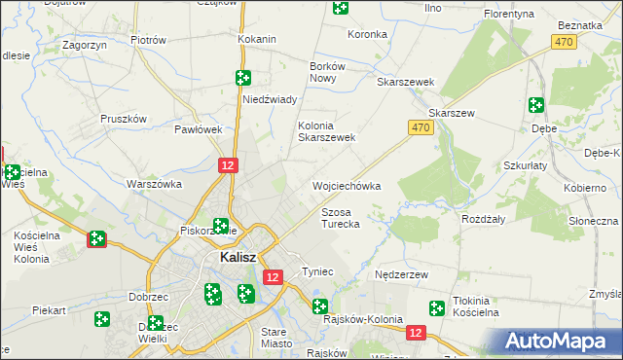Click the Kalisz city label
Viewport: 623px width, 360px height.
click(238, 258)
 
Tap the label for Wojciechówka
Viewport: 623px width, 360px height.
click(345, 185)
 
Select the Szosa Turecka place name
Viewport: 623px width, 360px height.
click(341, 218)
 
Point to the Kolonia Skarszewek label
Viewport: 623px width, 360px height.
click(326, 131)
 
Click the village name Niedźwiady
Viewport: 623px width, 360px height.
click(269, 99)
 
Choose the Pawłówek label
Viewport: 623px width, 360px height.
click(199, 128)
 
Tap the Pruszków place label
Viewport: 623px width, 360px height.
click(124, 119)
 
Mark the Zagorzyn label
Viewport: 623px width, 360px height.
click(83, 45)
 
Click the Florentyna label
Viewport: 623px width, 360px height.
click(512, 15)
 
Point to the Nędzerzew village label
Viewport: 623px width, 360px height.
click(402, 275)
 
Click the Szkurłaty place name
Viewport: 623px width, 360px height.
click(528, 165)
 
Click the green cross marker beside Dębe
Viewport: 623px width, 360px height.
click(535, 105)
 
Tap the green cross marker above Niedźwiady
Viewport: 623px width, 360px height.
click(243, 77)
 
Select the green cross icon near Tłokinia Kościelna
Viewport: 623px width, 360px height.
click(437, 308)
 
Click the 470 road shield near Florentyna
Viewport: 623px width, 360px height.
click(563, 41)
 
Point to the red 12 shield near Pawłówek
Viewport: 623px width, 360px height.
click(228, 166)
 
